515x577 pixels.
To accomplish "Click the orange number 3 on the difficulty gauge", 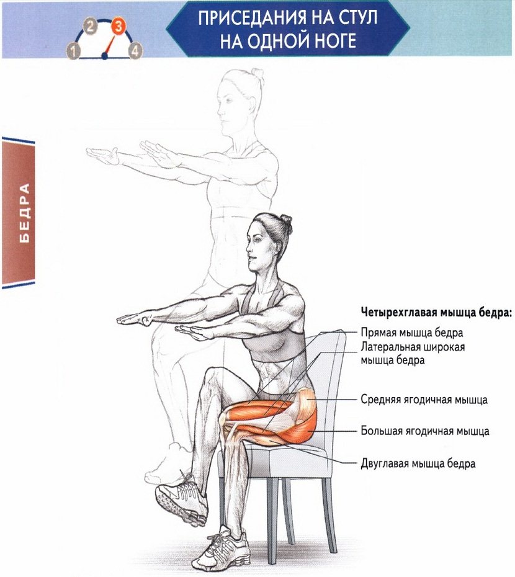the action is click(x=118, y=27).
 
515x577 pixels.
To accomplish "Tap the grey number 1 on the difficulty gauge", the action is click(x=74, y=51).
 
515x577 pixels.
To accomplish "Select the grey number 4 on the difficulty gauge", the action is click(x=135, y=51).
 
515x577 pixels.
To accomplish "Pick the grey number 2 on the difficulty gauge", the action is click(x=91, y=27).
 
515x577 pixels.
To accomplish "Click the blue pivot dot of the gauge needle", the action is click(x=104, y=56).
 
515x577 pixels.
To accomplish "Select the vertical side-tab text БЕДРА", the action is click(x=24, y=213).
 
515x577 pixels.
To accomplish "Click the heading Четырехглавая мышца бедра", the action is click(x=436, y=313).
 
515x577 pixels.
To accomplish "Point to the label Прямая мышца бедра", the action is click(x=412, y=333).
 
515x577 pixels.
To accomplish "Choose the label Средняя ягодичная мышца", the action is click(x=424, y=400).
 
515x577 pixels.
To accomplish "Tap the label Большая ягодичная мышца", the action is click(x=425, y=431).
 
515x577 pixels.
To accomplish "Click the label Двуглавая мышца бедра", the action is click(x=418, y=463).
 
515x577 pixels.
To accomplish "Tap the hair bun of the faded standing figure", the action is click(x=257, y=74).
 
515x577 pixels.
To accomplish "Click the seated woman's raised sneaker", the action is click(x=181, y=498).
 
